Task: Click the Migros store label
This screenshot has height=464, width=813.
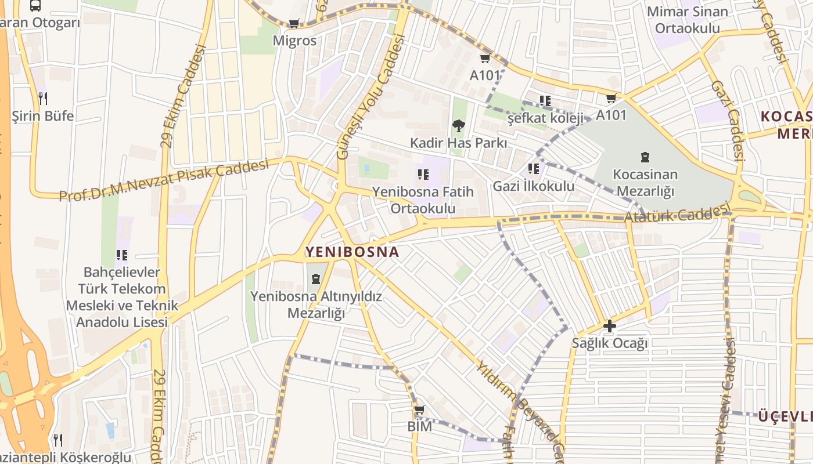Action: [295, 41]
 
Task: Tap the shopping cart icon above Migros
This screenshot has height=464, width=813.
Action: [294, 24]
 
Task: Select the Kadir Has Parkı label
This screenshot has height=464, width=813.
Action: [458, 143]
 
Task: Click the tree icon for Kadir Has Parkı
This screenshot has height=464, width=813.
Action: [458, 126]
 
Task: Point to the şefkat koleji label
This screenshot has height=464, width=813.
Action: [545, 118]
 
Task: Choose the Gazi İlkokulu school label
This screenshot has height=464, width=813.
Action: [533, 186]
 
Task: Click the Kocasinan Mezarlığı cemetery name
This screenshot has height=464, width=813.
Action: [645, 183]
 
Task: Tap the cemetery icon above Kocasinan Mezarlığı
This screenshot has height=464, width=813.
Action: [645, 157]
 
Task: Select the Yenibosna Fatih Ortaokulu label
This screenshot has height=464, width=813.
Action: [423, 200]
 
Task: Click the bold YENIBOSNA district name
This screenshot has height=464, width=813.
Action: [352, 252]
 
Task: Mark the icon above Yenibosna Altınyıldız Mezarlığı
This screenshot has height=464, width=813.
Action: [315, 279]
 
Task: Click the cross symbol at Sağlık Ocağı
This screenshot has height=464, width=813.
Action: [609, 326]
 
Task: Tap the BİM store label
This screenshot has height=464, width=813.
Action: [419, 426]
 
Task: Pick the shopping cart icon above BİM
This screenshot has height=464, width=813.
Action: [419, 410]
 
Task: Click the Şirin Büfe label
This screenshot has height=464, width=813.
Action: [43, 116]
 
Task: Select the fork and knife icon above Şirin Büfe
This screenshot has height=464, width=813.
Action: [42, 99]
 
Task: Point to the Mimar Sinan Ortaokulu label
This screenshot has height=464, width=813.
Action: [687, 20]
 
